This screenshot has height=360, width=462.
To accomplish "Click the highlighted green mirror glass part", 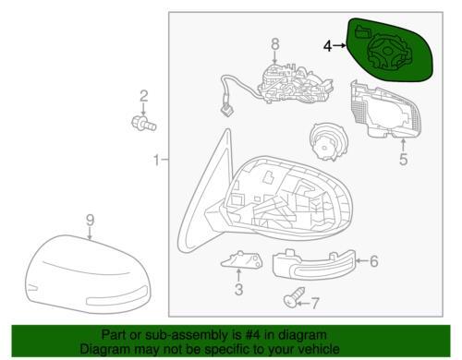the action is tap(390, 49).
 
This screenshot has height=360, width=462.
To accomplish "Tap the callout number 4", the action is tap(328, 46).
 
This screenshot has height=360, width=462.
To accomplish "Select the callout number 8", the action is tap(275, 43).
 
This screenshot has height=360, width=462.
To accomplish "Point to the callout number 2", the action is tap(144, 96).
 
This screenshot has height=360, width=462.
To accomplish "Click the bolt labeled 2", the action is tap(144, 123).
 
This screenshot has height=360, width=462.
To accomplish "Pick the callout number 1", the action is tap(157, 160).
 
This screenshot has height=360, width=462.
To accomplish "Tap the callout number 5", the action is tap(404, 159).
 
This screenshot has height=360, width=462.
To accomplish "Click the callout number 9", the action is tap(90, 221).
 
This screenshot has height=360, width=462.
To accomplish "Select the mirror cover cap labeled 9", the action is tap(88, 274).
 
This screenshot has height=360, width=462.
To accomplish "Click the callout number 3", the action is tap(238, 290).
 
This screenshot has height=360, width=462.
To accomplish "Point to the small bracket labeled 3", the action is tap(242, 259).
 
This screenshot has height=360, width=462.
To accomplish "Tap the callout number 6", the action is tap(374, 261).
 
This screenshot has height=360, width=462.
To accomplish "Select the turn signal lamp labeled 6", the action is tap(314, 265).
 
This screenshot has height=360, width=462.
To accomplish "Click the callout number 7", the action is tap(314, 304).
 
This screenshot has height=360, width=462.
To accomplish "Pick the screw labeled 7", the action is tap(294, 297).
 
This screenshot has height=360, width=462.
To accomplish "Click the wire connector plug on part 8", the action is tap(226, 110).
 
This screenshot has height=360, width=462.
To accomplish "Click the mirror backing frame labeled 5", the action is tap(385, 109).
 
